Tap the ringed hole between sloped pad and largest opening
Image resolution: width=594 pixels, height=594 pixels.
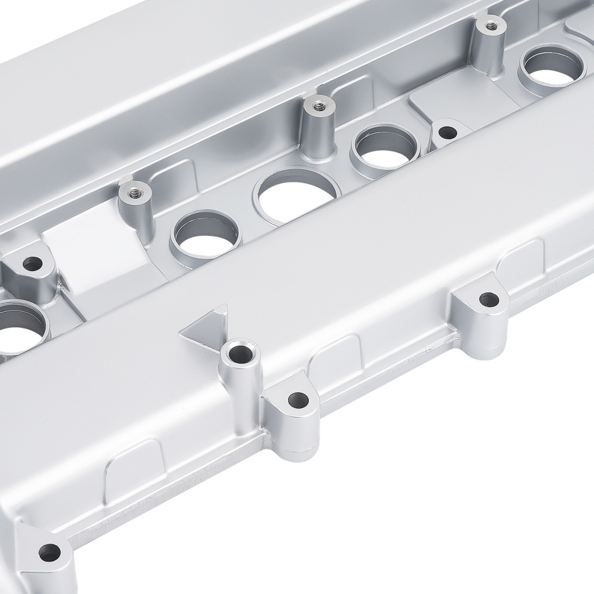click(x=206, y=233)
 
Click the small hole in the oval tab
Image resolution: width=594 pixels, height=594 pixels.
click(x=446, y=130)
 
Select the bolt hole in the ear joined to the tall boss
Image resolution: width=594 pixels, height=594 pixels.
click(x=297, y=400)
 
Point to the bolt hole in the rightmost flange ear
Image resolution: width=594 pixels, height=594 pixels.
click(x=488, y=299)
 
